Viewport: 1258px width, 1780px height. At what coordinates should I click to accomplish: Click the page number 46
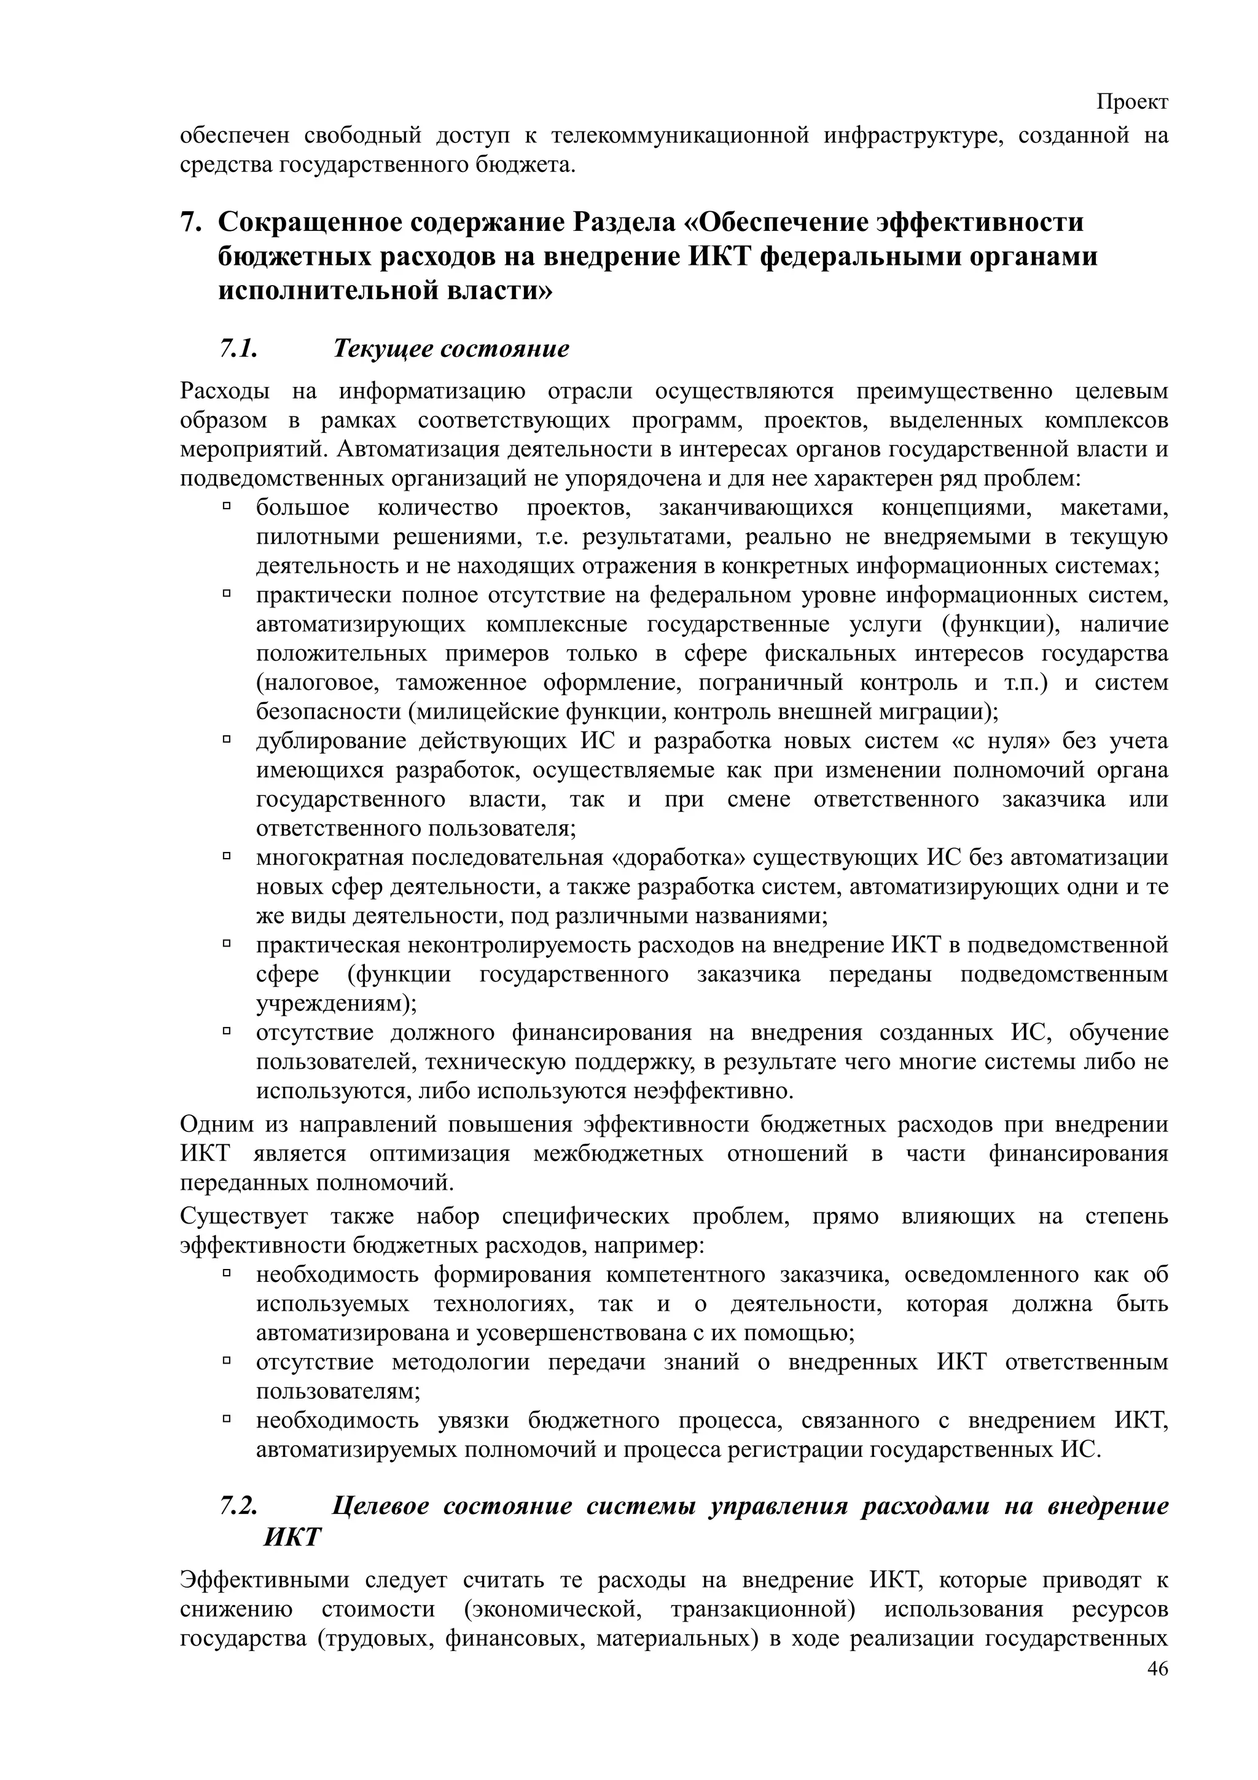[1157, 1692]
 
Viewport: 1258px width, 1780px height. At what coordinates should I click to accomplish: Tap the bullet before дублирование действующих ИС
[227, 740]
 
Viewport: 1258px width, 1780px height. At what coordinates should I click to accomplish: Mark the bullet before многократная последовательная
[227, 857]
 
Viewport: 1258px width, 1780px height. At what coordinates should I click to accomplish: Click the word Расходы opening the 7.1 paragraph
[224, 391]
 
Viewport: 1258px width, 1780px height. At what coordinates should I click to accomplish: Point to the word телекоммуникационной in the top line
[680, 136]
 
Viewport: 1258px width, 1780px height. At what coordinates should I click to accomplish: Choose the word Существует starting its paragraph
[243, 1216]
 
